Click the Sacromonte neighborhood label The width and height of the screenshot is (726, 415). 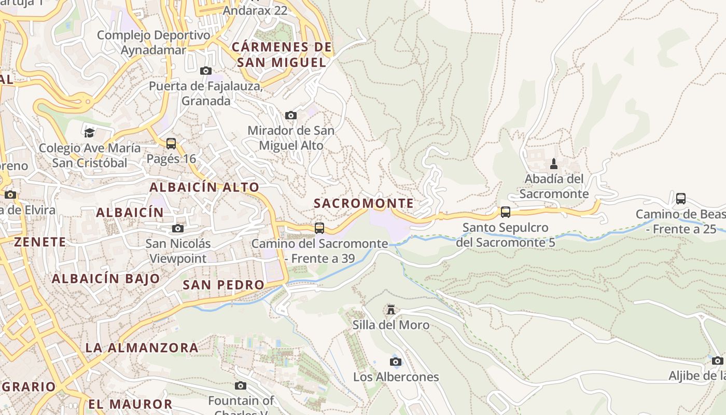(x=364, y=203)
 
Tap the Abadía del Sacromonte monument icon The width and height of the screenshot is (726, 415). (x=554, y=164)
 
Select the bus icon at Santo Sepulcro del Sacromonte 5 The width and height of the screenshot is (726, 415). (x=506, y=212)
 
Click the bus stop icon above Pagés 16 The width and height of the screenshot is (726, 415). (x=171, y=144)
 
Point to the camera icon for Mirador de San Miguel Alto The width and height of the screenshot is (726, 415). (x=291, y=115)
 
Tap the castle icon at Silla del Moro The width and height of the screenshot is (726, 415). (x=391, y=310)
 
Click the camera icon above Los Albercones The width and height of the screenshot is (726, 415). (x=396, y=362)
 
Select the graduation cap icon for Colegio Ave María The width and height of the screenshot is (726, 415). (x=90, y=133)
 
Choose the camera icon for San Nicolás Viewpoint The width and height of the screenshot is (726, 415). (x=178, y=228)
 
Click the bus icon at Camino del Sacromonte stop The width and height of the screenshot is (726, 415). (x=319, y=228)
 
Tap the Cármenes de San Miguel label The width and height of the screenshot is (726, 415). (x=282, y=55)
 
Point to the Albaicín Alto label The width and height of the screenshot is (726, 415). (x=204, y=187)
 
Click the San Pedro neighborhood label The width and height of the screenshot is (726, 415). (x=224, y=285)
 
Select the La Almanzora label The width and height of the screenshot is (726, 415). (x=142, y=348)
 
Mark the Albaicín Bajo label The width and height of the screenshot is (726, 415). (x=106, y=279)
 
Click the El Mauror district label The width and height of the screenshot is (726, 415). (x=130, y=404)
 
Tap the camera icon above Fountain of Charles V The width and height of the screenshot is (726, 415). (x=240, y=385)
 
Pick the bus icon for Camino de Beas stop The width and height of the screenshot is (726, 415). (x=681, y=198)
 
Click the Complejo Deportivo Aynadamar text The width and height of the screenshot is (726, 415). (x=153, y=43)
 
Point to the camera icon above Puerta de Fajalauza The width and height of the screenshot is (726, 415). (x=206, y=71)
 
